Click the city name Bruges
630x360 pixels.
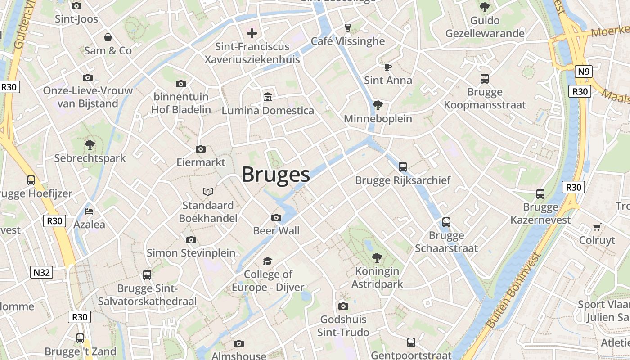276,175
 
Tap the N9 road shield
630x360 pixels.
584,72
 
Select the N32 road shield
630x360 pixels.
42,272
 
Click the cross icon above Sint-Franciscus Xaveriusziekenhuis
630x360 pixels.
252,33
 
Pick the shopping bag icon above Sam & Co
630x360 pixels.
108,37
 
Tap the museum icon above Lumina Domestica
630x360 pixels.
268,97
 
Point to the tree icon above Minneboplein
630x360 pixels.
378,105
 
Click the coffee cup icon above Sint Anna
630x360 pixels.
387,67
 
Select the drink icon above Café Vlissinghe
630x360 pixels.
347,27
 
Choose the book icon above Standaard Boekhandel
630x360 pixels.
207,192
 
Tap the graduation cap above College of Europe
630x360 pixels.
268,261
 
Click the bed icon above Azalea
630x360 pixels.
89,211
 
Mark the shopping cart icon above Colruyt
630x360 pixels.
597,227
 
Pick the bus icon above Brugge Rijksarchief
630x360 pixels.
403,167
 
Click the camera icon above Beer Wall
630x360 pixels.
276,218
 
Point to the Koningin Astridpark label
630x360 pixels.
377,278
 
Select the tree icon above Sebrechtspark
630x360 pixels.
90,145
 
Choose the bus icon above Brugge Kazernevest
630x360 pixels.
540,194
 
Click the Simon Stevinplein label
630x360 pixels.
191,253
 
